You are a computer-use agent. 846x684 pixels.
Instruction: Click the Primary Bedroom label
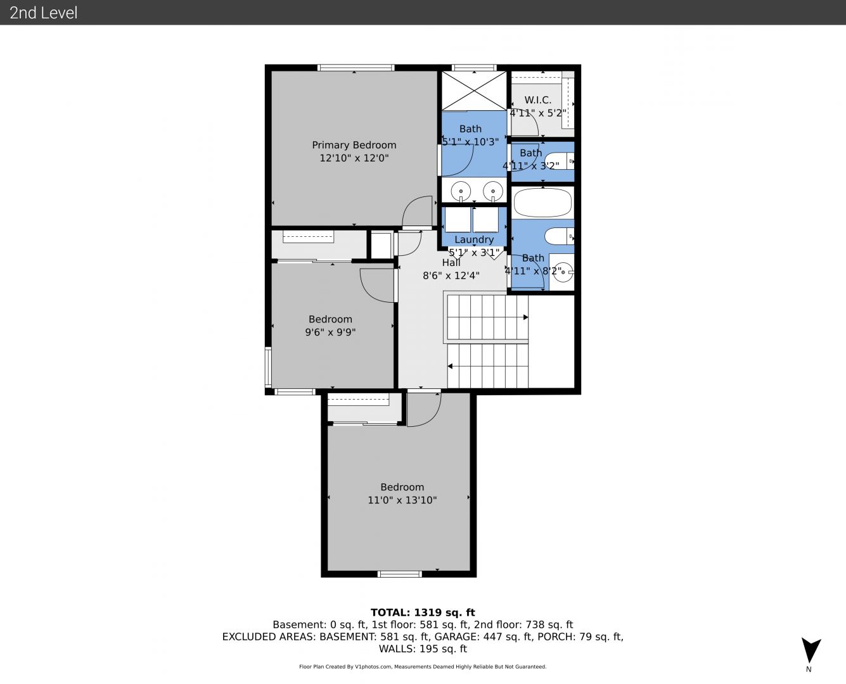[x=354, y=145]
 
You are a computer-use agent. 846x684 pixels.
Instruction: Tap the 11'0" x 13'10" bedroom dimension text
[x=402, y=500]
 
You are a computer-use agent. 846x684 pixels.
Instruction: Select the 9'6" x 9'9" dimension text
[x=330, y=332]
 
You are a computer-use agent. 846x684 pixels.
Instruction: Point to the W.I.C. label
[x=538, y=100]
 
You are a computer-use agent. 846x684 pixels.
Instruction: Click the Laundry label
[x=474, y=239]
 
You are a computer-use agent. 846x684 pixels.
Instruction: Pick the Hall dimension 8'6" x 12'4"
[x=451, y=275]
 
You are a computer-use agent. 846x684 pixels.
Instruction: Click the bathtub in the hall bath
[x=542, y=203]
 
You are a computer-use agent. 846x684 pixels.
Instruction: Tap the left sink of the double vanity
[x=461, y=192]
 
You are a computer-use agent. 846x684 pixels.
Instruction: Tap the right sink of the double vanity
[x=493, y=192]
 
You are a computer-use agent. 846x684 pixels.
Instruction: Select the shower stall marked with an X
[x=474, y=91]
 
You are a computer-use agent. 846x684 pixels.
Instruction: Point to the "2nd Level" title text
[x=43, y=13]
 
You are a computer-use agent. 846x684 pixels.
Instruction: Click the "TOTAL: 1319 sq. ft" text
[x=423, y=612]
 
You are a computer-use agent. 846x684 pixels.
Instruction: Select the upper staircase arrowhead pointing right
[x=525, y=317]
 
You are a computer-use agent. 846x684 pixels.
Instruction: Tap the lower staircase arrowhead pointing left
[x=450, y=366]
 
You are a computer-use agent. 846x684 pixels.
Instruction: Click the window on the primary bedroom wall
[x=356, y=68]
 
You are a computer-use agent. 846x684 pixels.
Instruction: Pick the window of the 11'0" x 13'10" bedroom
[x=399, y=574]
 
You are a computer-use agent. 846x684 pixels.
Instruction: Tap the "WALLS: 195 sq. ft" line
[x=423, y=649]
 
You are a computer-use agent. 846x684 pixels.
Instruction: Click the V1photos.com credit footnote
[x=423, y=666]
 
